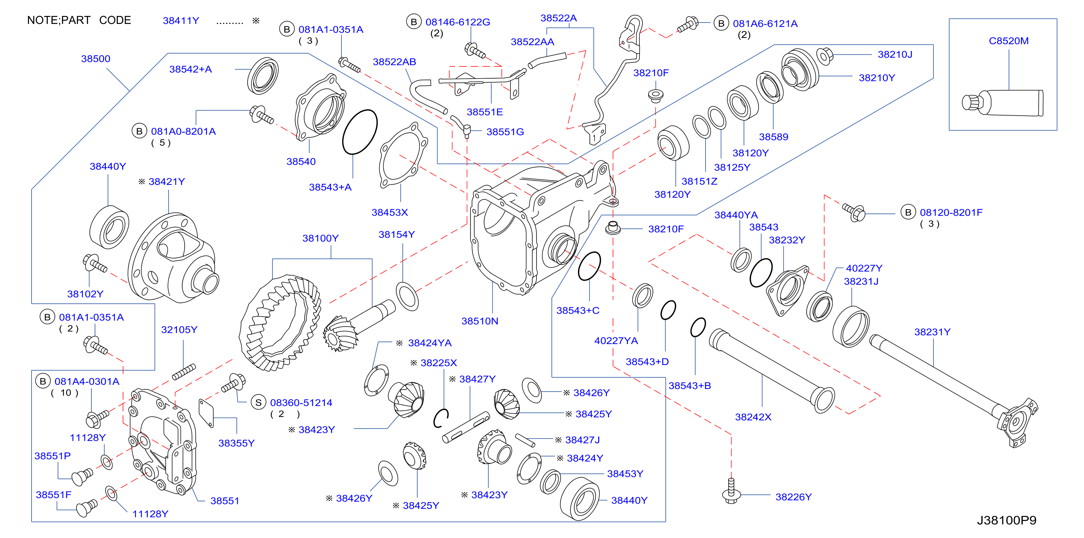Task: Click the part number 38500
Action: coord(95,58)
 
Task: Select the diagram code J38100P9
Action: coord(1006,520)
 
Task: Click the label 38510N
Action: coord(480,321)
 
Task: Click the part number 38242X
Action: coord(753,417)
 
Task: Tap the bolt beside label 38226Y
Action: coord(731,491)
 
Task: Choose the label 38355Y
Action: coord(236,443)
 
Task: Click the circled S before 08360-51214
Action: coord(258,402)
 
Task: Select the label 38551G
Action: coord(505,132)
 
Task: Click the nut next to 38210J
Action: coord(824,56)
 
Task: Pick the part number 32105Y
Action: coord(179,330)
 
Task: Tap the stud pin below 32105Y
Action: coord(184,372)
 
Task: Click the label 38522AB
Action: coord(394,62)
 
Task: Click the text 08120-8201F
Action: coord(951,212)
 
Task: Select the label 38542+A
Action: coord(190,69)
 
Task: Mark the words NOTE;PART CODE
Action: coord(79,20)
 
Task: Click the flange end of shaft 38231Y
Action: coord(1018,423)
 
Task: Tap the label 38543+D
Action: coord(647,361)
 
